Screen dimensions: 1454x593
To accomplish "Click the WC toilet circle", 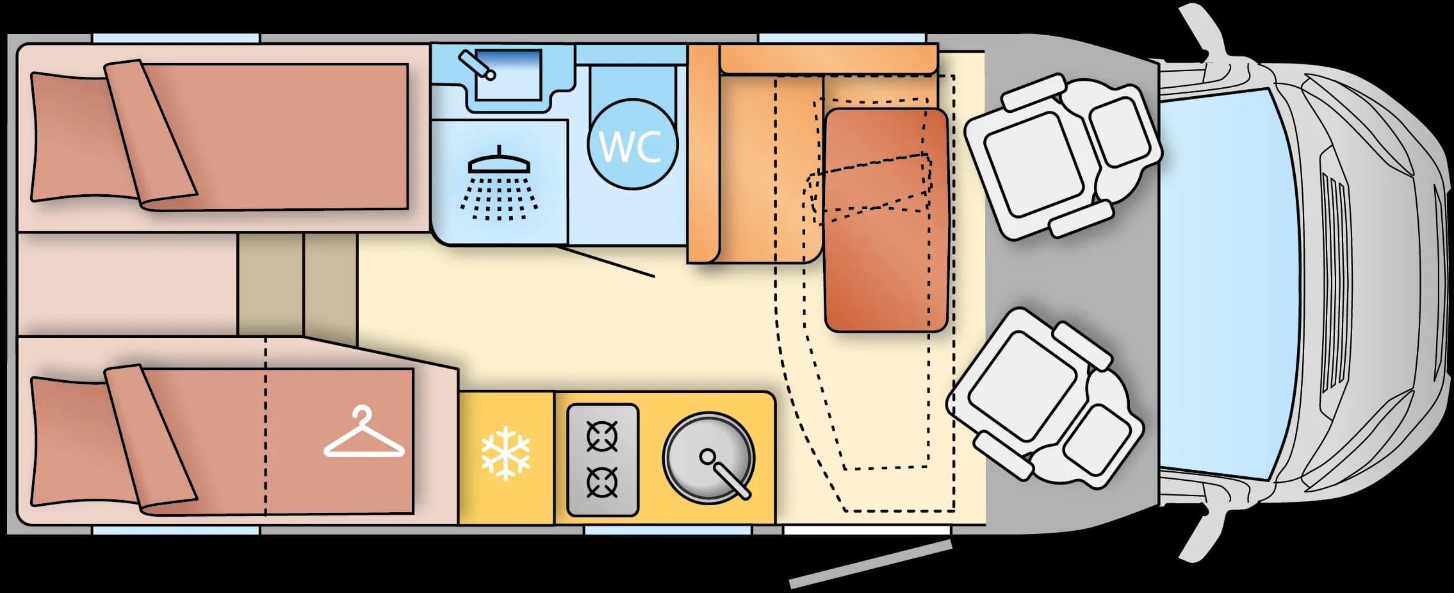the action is (x=632, y=144).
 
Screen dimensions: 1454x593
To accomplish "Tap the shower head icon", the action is (x=500, y=183).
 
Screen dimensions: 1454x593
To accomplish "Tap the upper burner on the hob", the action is (x=603, y=437).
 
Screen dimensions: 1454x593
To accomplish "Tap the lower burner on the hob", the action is (x=603, y=483).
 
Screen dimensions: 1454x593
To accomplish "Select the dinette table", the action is (x=886, y=220).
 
